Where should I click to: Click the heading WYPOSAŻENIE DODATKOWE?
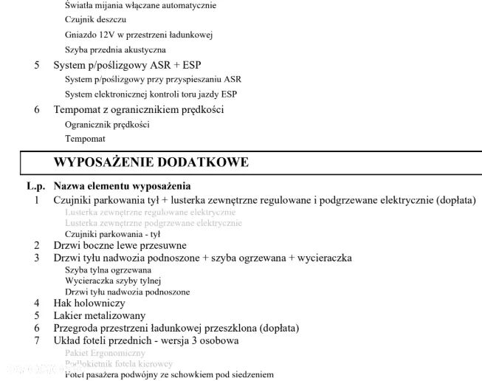pyautogui.click(x=151, y=162)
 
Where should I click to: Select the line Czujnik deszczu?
pyautogui.click(x=90, y=20)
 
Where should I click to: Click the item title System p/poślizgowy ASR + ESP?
pyautogui.click(x=127, y=65)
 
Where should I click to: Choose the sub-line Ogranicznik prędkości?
pyautogui.click(x=107, y=124)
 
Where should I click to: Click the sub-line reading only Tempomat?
pyautogui.click(x=85, y=139)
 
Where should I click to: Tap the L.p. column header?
pyautogui.click(x=36, y=186)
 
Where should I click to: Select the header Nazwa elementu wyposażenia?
pyautogui.click(x=122, y=186)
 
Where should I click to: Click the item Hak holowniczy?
pyautogui.click(x=89, y=303)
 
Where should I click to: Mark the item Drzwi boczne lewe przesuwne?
pyautogui.click(x=120, y=245)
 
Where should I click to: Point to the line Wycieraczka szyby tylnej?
pyautogui.click(x=112, y=281)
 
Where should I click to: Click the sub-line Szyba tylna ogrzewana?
pyautogui.click(x=108, y=270)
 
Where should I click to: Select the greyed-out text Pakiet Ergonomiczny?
pyautogui.click(x=105, y=353)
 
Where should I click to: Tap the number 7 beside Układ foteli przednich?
pyautogui.click(x=36, y=340)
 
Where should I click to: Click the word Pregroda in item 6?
pyautogui.click(x=74, y=328)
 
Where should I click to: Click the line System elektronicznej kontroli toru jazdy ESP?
pyautogui.click(x=151, y=95)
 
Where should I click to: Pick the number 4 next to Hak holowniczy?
pyautogui.click(x=36, y=303)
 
